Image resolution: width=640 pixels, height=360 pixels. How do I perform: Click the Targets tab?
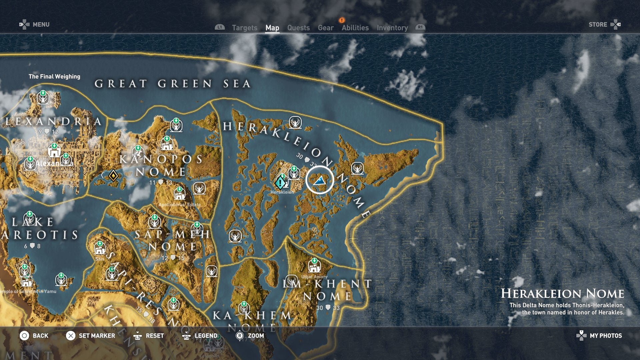point(244,28)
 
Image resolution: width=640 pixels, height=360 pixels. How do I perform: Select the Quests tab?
point(298,28)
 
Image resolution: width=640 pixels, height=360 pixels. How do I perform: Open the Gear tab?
point(325,28)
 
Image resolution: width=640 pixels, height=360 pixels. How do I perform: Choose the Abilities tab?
point(355,28)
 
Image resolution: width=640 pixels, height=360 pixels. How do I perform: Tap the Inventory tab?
point(392,28)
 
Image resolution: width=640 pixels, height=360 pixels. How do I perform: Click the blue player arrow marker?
point(320,181)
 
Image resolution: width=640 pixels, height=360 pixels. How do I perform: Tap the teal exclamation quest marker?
point(280,182)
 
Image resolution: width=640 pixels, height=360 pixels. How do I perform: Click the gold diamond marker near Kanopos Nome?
point(113,176)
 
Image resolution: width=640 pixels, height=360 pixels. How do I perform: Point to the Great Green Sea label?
point(172,84)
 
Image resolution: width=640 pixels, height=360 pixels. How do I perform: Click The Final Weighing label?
point(54,77)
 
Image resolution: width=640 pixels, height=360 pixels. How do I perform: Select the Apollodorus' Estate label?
point(179,205)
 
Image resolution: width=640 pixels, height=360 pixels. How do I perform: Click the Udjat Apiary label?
point(314,277)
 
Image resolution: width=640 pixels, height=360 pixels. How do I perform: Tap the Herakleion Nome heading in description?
point(562,294)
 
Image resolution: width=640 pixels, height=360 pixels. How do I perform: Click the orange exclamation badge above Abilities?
point(342,20)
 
